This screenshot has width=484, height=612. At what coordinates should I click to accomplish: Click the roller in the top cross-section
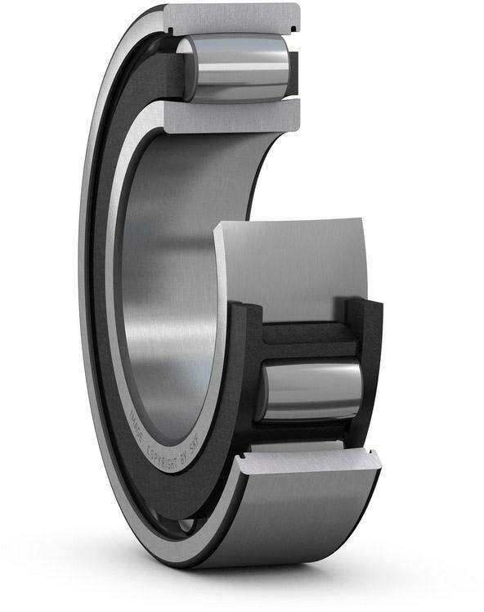tap(238, 67)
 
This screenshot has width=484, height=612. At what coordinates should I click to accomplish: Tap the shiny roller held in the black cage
tap(311, 391)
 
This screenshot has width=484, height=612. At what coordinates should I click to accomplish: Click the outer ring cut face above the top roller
tap(233, 18)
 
